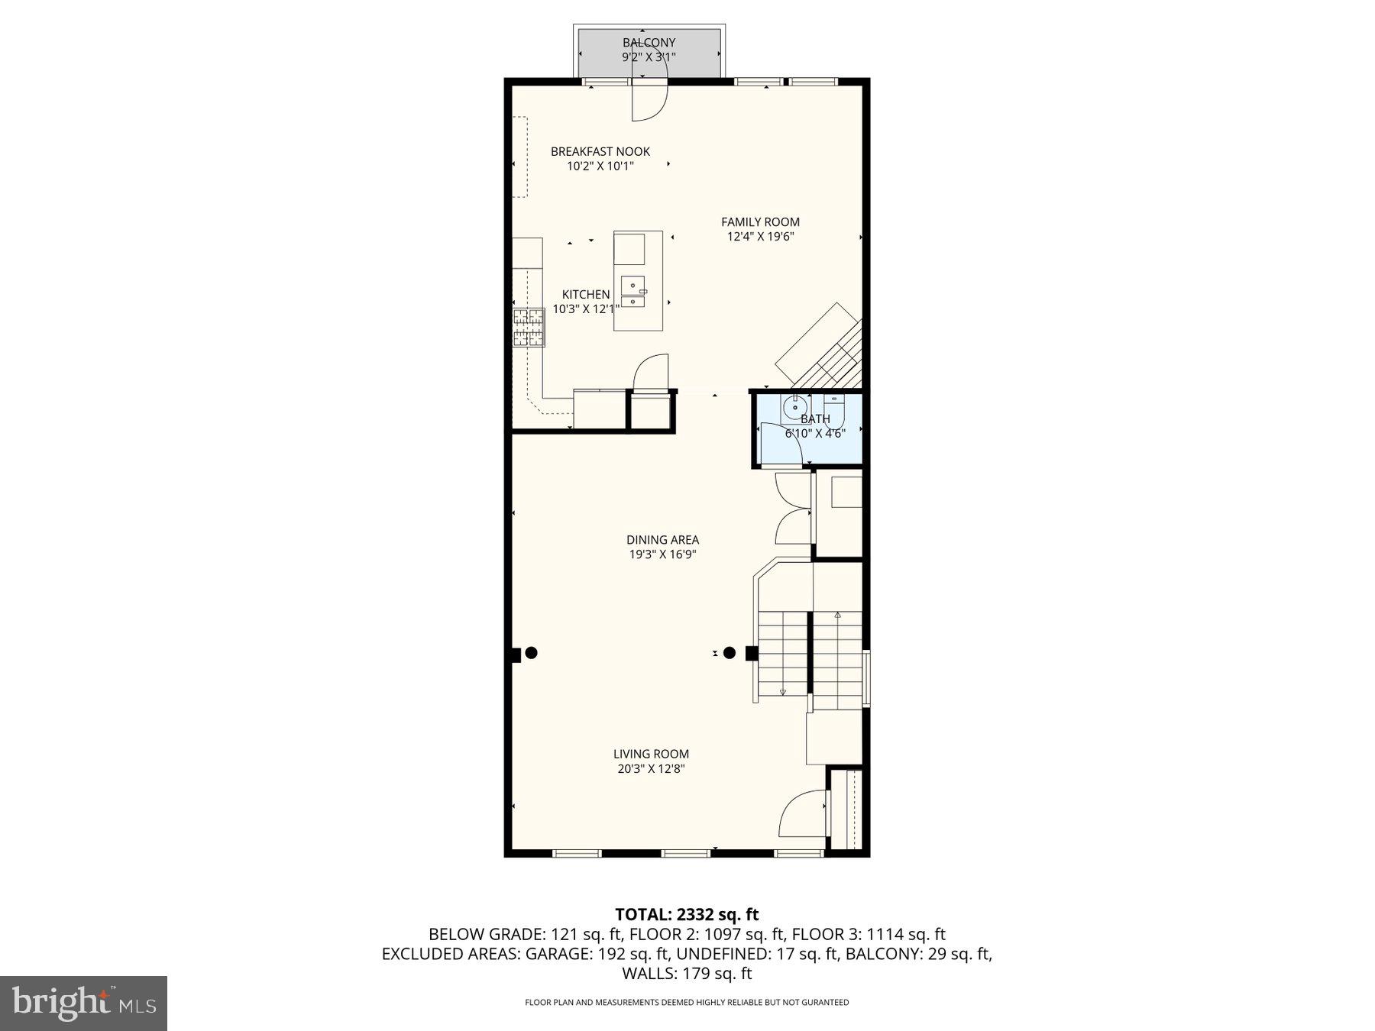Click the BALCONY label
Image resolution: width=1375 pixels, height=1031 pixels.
(x=649, y=43)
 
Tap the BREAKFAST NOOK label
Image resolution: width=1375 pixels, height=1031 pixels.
(x=600, y=151)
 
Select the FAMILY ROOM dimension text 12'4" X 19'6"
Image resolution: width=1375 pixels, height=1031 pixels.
(x=760, y=237)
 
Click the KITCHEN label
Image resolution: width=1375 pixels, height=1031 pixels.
(x=586, y=294)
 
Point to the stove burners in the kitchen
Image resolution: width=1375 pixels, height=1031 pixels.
(x=529, y=327)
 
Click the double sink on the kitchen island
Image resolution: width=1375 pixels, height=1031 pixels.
(x=632, y=292)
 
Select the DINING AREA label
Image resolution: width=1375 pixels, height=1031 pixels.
(x=662, y=539)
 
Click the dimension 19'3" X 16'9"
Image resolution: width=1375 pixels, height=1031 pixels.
(x=662, y=554)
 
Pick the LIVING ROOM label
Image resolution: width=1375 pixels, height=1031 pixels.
(x=651, y=754)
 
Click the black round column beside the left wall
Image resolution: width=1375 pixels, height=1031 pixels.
(x=532, y=653)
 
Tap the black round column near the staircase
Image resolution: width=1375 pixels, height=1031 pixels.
(x=730, y=653)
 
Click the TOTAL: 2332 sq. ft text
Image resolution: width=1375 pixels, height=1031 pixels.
(x=687, y=914)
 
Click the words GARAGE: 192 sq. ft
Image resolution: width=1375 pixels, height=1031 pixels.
(x=598, y=954)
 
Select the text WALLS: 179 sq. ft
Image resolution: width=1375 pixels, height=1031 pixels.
(x=687, y=974)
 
